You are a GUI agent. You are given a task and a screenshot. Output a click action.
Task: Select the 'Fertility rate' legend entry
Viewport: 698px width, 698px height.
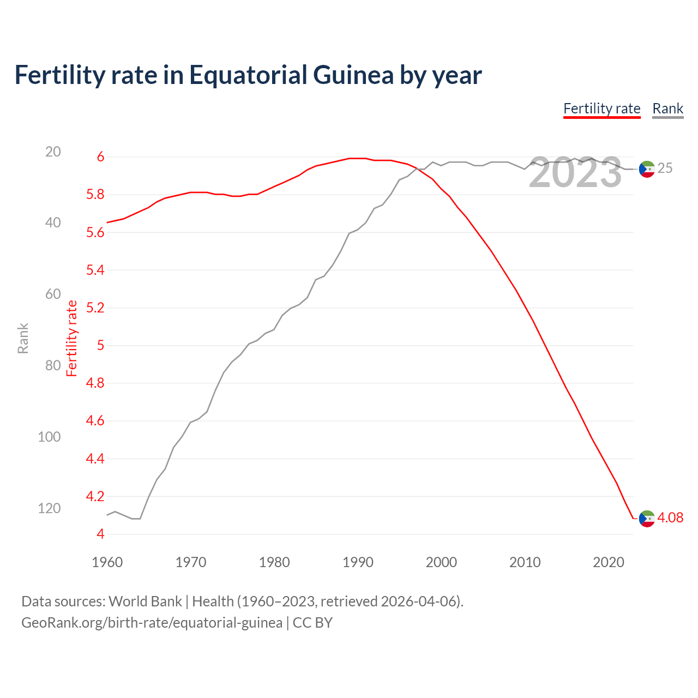(601, 109)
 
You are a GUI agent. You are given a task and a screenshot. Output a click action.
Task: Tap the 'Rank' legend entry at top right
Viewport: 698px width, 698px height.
(667, 109)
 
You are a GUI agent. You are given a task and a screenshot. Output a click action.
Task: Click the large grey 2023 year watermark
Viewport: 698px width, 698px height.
(575, 172)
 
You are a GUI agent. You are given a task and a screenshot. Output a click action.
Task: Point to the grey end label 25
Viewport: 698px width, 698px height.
(665, 169)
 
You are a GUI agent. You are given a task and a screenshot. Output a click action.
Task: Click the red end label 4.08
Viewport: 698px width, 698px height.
(670, 518)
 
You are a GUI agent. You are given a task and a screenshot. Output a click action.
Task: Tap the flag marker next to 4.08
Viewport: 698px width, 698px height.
(647, 519)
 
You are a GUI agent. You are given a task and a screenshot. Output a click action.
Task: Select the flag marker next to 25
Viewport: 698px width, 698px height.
(647, 169)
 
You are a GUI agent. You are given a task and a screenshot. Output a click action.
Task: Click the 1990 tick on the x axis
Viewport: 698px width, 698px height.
(358, 562)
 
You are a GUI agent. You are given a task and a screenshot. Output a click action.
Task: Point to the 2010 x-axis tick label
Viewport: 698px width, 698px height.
(525, 562)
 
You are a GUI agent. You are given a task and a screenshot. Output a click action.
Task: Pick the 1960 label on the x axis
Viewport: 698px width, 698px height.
(107, 562)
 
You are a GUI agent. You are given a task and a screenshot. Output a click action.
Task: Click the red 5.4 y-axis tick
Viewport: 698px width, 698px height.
(95, 270)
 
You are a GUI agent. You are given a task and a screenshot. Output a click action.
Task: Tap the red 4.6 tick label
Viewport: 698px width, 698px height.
(95, 421)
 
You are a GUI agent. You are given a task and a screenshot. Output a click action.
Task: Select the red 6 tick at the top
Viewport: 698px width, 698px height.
(100, 157)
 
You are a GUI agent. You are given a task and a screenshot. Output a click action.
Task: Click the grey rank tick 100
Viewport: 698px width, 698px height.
(49, 437)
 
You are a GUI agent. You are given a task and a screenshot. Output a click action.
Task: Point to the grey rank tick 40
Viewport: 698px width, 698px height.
(53, 222)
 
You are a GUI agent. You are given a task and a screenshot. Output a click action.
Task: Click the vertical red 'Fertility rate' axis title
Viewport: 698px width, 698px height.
(72, 338)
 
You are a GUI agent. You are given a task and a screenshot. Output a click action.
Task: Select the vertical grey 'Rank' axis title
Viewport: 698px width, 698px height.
(23, 338)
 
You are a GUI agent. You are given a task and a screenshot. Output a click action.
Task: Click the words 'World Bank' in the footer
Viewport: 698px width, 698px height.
(145, 601)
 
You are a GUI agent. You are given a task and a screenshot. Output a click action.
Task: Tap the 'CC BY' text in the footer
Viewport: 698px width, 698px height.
(312, 623)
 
